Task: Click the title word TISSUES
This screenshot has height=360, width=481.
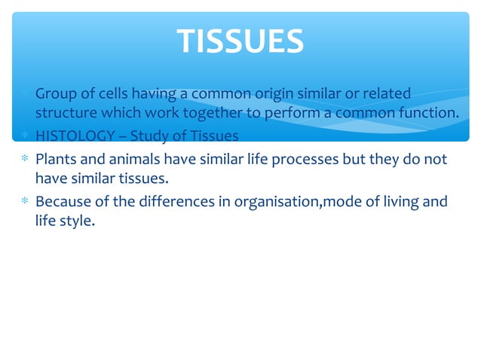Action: tap(240, 41)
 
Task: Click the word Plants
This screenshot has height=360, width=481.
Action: tap(55, 160)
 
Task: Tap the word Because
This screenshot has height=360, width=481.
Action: tap(64, 202)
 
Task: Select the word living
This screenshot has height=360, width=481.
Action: tap(397, 202)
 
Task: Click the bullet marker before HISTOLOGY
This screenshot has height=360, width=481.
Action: tap(24, 136)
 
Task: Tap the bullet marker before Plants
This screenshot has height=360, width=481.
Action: tap(24, 160)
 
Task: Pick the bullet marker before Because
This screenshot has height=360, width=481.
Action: tap(24, 202)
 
